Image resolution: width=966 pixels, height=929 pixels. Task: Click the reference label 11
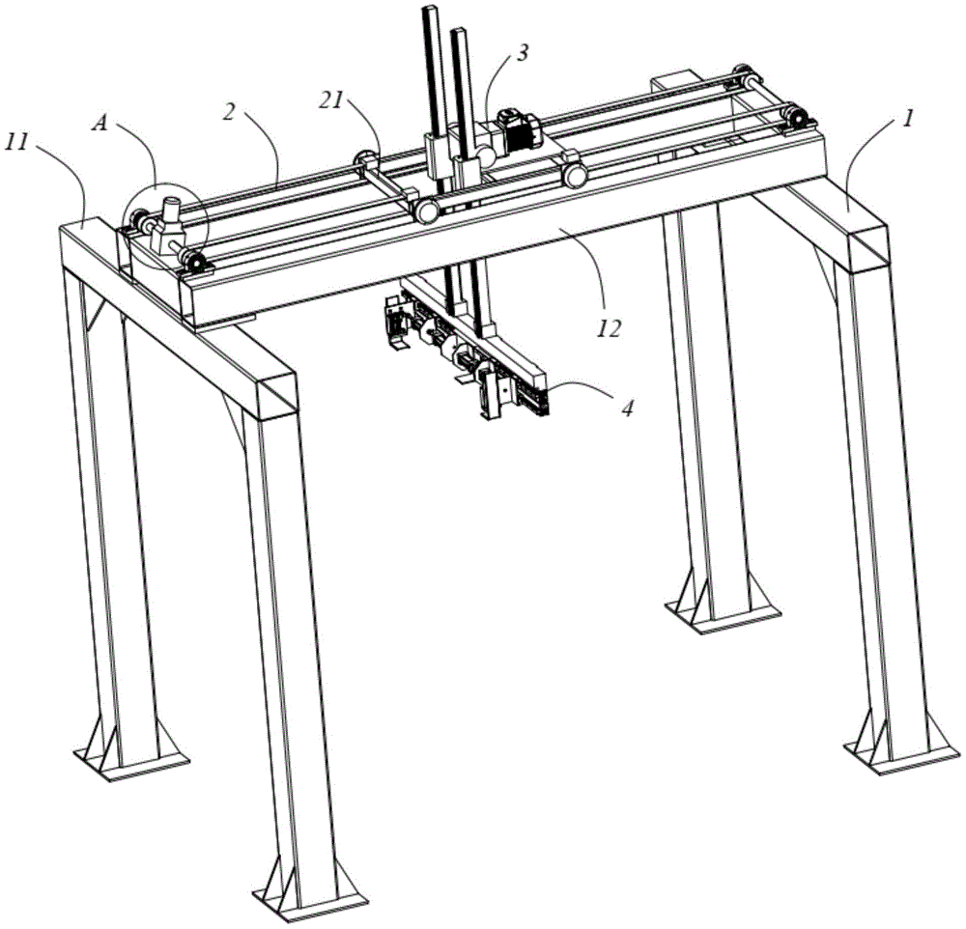(17, 143)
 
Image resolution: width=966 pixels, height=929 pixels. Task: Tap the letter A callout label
(99, 124)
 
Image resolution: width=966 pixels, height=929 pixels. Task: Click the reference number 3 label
(522, 53)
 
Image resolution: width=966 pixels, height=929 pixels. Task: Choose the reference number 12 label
(610, 329)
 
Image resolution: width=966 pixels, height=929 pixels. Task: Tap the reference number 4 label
(627, 408)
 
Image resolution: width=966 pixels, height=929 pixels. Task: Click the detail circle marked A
(166, 225)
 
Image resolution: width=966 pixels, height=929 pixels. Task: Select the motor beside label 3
(520, 128)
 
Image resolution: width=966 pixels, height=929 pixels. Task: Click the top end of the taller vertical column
(429, 8)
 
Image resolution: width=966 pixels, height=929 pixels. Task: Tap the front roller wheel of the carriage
(426, 211)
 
